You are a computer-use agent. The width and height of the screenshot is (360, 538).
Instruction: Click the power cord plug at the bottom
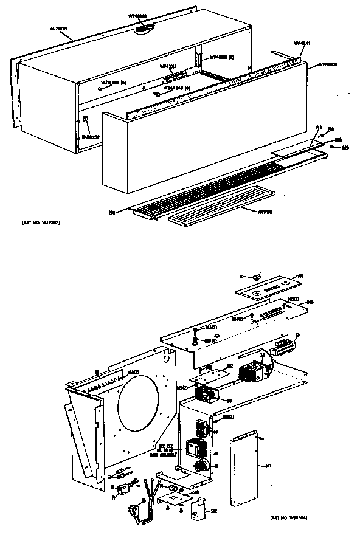136,507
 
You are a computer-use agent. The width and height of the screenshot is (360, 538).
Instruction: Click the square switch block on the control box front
195,449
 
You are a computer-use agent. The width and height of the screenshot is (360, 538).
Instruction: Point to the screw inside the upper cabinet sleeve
157,94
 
